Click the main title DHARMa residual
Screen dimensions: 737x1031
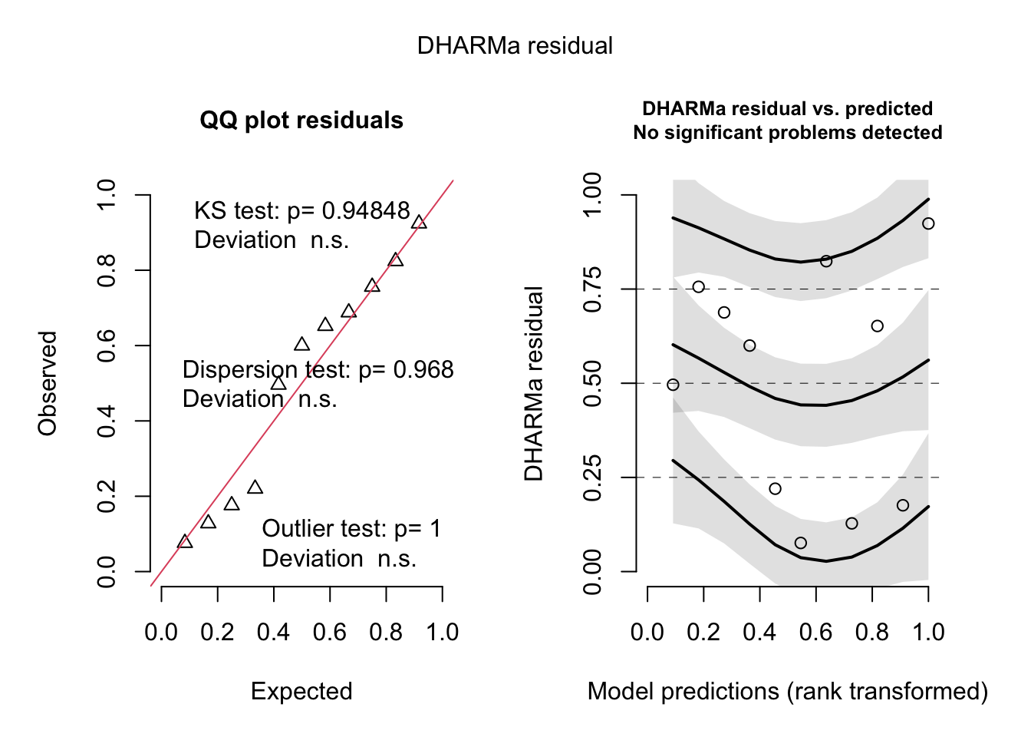515,46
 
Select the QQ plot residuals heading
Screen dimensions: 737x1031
301,121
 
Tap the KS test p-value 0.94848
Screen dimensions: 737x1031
365,211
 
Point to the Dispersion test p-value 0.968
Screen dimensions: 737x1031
423,370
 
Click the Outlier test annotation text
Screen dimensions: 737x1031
351,529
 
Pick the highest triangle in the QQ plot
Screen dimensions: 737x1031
419,223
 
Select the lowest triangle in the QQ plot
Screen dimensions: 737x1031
185,542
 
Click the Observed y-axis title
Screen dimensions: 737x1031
48,383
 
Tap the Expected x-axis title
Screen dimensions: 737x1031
301,692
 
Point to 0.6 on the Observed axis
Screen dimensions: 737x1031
107,345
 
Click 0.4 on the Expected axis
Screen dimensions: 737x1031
273,633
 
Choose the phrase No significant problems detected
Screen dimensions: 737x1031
788,133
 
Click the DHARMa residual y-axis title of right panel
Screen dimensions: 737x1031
534,383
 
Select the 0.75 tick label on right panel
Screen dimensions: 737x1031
593,289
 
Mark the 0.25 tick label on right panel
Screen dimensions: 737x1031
593,478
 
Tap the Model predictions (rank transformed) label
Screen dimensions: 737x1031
788,692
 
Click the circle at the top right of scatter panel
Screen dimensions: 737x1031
928,223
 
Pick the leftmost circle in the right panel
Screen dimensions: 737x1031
673,385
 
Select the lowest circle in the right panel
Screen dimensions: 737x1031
801,543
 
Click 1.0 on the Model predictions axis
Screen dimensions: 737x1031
928,633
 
